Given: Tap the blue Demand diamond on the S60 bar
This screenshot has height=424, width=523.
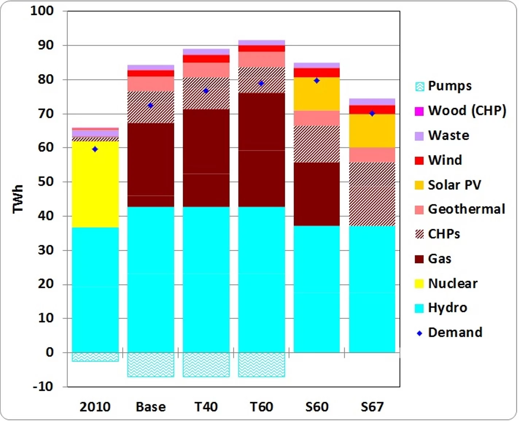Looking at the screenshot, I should coord(317,81).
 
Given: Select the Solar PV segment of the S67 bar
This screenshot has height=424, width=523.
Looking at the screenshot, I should coord(372,131).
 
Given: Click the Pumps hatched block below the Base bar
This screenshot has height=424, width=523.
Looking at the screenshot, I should coord(151,364).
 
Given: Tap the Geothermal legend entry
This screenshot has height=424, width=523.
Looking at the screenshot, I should coord(466,209).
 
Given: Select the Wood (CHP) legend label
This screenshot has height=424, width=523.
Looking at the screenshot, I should coord(467,111).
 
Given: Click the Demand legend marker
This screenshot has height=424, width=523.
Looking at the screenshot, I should coord(419,333).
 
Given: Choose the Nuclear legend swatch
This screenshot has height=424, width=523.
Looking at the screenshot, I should coord(419,284).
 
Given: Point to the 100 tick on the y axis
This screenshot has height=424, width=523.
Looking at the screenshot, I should coord(42,11).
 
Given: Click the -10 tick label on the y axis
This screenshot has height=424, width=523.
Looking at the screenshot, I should coord(43,386).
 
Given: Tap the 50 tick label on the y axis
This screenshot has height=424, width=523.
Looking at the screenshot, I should coord(46,181).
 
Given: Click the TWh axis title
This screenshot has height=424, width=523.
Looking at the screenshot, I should coord(18,198).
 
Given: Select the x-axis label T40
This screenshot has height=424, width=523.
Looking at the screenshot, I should coord(206,406).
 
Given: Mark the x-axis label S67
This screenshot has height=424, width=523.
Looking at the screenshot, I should coord(372,406).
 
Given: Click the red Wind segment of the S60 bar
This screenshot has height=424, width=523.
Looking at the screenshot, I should coord(317,73).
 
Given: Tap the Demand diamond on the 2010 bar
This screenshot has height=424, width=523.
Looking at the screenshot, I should coord(95,149).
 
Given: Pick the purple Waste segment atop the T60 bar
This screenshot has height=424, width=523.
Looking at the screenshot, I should coord(261,43).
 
